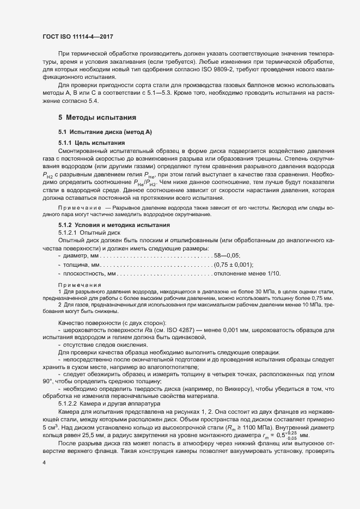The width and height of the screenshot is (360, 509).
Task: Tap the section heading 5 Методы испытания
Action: [x=93, y=118]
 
